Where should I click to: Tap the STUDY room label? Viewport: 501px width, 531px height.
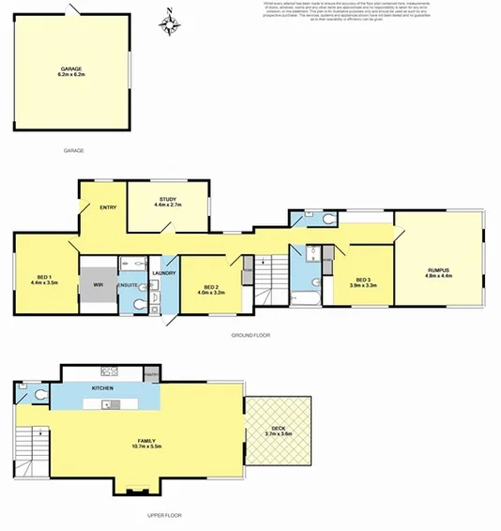point(168,199)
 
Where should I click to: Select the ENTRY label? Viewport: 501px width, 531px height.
point(106,207)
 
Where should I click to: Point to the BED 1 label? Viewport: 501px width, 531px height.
point(44,276)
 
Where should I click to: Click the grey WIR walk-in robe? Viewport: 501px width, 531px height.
point(97,283)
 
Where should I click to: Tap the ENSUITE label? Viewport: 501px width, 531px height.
point(128,284)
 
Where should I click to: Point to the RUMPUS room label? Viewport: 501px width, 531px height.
point(438,270)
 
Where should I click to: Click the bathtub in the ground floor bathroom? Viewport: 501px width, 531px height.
point(305,299)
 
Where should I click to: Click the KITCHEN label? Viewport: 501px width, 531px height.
point(102,387)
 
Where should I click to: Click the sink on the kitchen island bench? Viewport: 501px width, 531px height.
point(109,404)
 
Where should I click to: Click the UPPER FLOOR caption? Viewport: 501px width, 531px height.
point(166,515)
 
